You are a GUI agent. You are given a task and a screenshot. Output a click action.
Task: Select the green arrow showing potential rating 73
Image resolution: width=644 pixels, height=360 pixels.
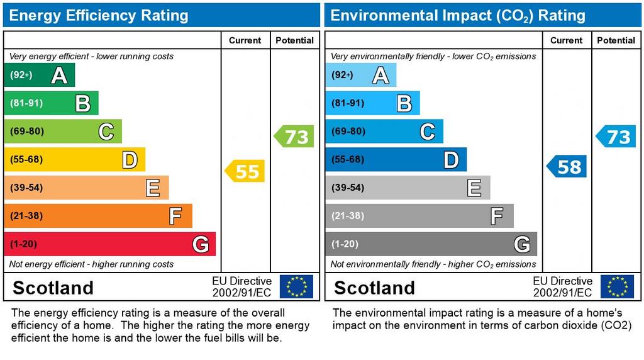click(294, 137)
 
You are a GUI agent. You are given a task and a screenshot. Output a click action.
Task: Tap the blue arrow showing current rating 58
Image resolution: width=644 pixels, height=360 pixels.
click(567, 166)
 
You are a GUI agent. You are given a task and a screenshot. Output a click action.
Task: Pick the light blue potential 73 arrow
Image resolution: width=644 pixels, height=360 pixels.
click(616, 137)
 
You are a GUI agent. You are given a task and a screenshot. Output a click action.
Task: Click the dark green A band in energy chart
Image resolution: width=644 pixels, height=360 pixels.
click(39, 76)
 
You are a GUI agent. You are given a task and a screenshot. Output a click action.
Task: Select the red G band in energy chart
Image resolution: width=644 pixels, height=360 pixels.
click(109, 244)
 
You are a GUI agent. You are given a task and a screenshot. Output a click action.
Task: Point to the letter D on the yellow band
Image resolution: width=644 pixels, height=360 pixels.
click(130, 160)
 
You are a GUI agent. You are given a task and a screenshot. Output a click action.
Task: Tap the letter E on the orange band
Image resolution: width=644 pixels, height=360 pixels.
click(153, 188)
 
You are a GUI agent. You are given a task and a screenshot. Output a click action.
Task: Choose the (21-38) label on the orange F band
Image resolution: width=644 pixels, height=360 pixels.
click(26, 216)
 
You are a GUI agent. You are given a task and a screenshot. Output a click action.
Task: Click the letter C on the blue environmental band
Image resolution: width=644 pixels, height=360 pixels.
click(428, 132)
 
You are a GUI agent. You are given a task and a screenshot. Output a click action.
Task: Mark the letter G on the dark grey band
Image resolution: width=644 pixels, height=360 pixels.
click(521, 244)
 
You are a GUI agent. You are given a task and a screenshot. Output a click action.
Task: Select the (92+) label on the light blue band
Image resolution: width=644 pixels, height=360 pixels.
click(343, 76)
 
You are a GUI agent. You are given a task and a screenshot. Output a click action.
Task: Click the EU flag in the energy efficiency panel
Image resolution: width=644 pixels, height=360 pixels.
click(296, 286)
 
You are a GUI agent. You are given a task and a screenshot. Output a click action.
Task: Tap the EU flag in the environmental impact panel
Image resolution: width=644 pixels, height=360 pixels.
click(617, 286)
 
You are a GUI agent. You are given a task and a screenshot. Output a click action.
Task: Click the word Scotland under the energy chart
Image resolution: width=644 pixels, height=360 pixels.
click(53, 288)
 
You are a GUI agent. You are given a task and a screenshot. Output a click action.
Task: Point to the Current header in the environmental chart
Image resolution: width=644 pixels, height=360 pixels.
click(566, 40)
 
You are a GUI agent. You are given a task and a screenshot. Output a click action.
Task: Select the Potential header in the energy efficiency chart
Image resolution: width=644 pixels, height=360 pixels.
click(294, 40)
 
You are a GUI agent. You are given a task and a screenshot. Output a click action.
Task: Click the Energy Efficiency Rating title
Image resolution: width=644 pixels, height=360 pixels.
click(99, 15)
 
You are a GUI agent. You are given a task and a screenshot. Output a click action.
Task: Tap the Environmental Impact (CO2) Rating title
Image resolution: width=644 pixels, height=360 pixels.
click(458, 15)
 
